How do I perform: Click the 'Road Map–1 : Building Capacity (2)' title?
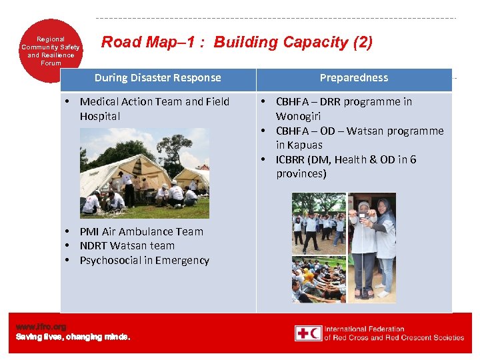pyautogui.click(x=237, y=43)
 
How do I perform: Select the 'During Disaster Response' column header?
pyautogui.click(x=157, y=78)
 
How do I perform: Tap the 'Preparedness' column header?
pyautogui.click(x=353, y=78)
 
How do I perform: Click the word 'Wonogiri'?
pyautogui.click(x=298, y=116)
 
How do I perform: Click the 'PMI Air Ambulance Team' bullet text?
pyautogui.click(x=141, y=231)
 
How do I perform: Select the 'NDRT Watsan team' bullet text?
pyautogui.click(x=127, y=246)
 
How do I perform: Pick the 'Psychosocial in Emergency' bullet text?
pyautogui.click(x=144, y=261)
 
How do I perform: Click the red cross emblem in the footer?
pyautogui.click(x=308, y=333)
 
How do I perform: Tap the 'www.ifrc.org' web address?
pyautogui.click(x=41, y=327)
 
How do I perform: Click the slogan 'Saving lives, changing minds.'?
pyautogui.click(x=73, y=337)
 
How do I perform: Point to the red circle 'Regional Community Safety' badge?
pyautogui.click(x=51, y=51)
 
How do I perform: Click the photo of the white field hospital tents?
pyautogui.click(x=144, y=173)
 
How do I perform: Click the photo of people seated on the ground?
pyautogui.click(x=319, y=280)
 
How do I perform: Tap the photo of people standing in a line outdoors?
pyautogui.click(x=319, y=223)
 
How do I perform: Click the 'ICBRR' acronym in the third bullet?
pyautogui.click(x=292, y=160)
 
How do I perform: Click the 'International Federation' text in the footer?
pyautogui.click(x=364, y=329)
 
